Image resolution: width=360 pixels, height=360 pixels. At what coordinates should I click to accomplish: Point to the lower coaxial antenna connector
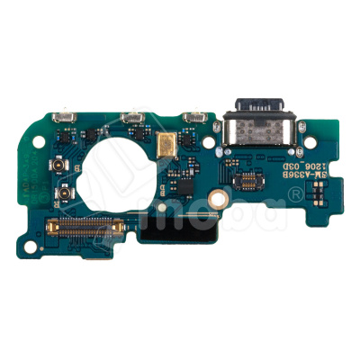66,193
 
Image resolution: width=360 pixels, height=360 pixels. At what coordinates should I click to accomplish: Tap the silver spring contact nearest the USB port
192,116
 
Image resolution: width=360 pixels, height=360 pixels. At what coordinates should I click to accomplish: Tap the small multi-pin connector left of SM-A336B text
245,181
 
